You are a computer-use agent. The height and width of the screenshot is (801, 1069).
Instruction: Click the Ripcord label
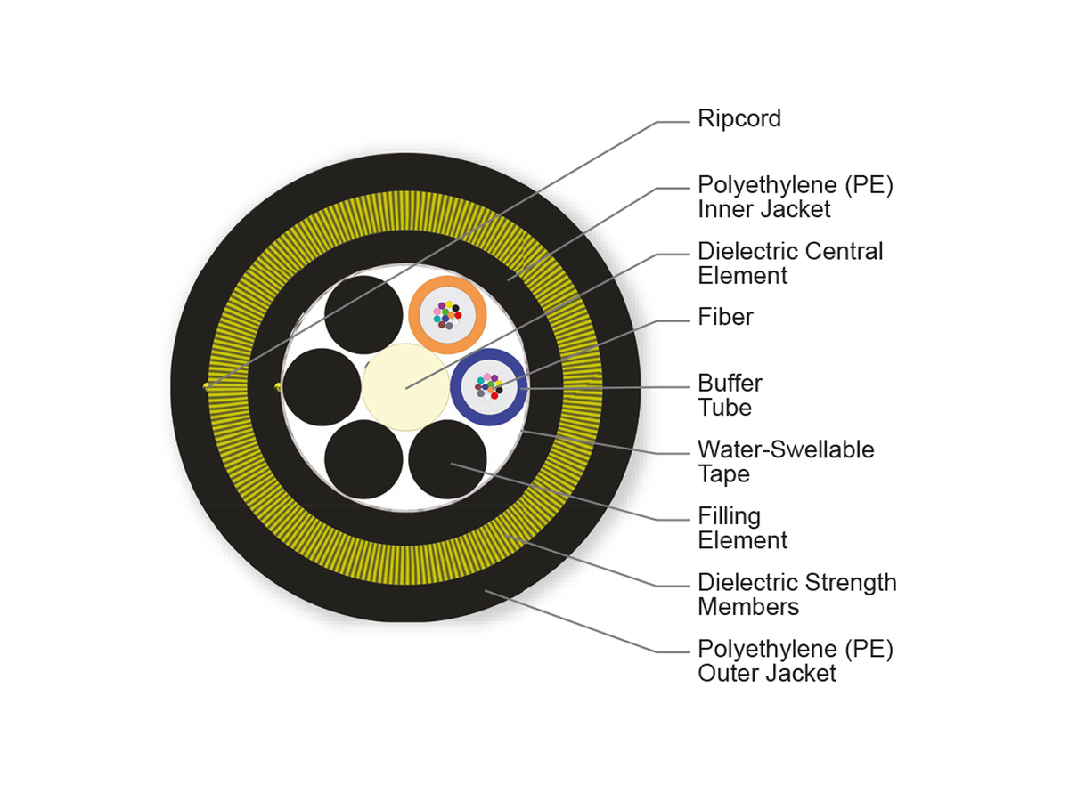[x=739, y=118]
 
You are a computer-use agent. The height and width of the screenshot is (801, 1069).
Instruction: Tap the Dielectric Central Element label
[x=790, y=263]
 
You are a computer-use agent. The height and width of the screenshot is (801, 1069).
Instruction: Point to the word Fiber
[x=725, y=317]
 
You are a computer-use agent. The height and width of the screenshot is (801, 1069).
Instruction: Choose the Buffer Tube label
[x=730, y=395]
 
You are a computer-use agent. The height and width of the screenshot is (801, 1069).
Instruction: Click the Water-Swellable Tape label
[x=785, y=461]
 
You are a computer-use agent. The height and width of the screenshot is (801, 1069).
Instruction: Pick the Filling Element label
[x=742, y=528]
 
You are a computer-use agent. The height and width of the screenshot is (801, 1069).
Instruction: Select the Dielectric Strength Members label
[x=796, y=595]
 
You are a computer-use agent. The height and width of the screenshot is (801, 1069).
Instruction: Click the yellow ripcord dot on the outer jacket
[x=206, y=386]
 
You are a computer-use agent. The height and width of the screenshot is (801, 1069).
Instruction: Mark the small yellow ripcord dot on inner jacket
[x=278, y=386]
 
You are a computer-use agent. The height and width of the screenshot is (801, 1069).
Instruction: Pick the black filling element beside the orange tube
[x=363, y=314]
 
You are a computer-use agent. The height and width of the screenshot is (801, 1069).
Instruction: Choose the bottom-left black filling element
[x=363, y=459]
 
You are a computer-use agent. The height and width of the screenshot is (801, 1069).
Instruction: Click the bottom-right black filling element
[x=447, y=459]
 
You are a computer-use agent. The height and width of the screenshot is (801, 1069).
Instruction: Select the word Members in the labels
[x=747, y=607]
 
